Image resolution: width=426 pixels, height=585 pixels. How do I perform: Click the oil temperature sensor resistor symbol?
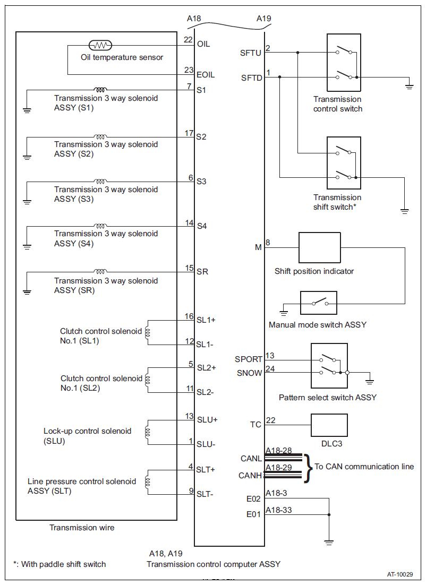coord(100,46)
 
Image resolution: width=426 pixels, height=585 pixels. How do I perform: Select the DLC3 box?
coord(329,425)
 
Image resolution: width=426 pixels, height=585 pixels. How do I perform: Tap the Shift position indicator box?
coord(320,248)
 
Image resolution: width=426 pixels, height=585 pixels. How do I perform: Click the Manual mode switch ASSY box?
coord(319,303)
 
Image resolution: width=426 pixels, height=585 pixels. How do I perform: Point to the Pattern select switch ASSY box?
coord(329,366)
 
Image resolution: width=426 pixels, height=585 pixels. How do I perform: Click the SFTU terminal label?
coord(251,53)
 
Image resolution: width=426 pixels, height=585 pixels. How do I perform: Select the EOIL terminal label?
coord(206,75)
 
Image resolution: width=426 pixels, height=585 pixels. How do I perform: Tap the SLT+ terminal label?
coord(206,470)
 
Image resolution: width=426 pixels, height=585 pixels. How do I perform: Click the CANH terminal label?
coord(250,476)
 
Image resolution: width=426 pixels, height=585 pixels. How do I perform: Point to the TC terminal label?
coord(255,425)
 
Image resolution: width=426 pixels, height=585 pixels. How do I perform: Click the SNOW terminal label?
coord(250,373)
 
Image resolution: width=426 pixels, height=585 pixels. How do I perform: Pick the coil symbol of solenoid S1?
coord(100,90)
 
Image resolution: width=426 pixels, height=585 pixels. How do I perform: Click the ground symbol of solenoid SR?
coord(27,291)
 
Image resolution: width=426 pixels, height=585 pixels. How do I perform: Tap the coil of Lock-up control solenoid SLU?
coord(148,432)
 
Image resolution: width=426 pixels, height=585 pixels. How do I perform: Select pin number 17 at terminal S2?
coord(189,133)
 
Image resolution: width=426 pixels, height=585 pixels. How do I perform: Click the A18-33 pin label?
coord(278,510)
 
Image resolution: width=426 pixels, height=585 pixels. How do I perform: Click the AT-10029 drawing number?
coord(400,574)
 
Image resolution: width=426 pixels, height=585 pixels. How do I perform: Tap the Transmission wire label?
coord(82,528)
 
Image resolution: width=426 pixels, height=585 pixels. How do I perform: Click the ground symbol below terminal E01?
coord(329,543)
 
